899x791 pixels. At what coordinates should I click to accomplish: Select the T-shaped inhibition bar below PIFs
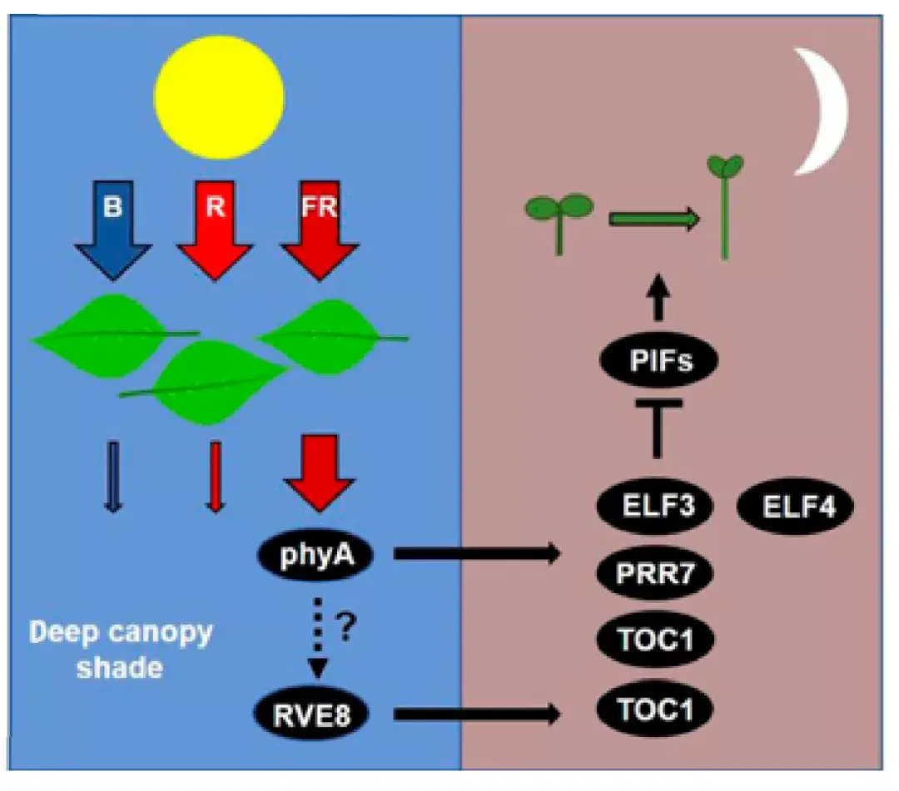pos(657,428)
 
